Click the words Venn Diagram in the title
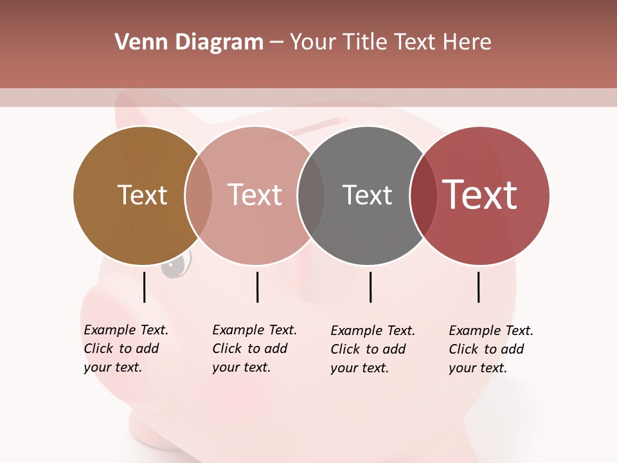(189, 42)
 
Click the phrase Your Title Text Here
(390, 42)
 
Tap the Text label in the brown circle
(142, 195)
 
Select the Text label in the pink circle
(255, 195)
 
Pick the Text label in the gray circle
(367, 195)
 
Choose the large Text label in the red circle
(479, 195)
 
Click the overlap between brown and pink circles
(199, 195)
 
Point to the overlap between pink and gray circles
(311, 195)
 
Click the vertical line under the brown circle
(145, 287)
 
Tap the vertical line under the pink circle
(257, 287)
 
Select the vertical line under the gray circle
(370, 287)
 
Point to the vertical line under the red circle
(479, 287)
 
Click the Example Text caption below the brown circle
(125, 349)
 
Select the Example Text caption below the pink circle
(254, 349)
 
